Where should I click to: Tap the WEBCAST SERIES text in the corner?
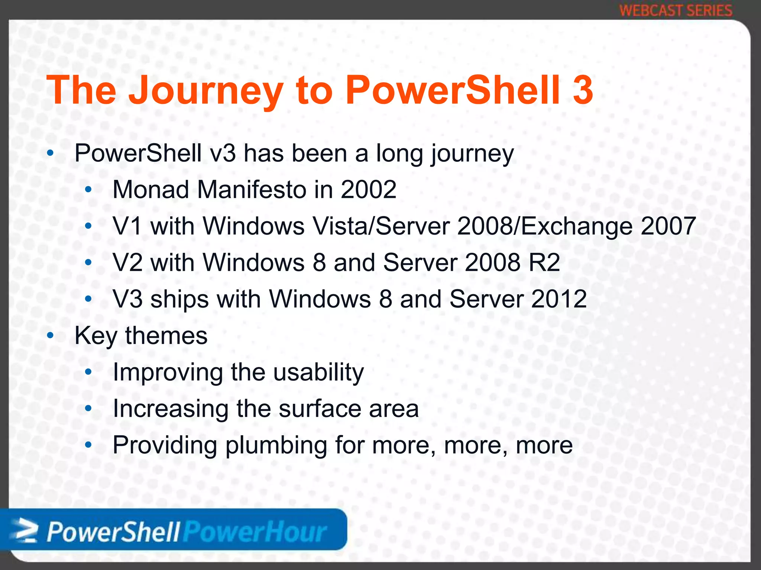(676, 10)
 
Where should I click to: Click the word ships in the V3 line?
(179, 299)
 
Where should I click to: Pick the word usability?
(318, 372)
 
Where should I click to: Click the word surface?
(320, 408)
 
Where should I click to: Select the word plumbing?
(276, 445)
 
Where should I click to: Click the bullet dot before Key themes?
(51, 335)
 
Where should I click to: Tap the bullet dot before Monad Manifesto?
(88, 190)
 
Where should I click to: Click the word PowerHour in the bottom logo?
(255, 532)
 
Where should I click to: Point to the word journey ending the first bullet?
(472, 154)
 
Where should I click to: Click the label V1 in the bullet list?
(127, 226)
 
